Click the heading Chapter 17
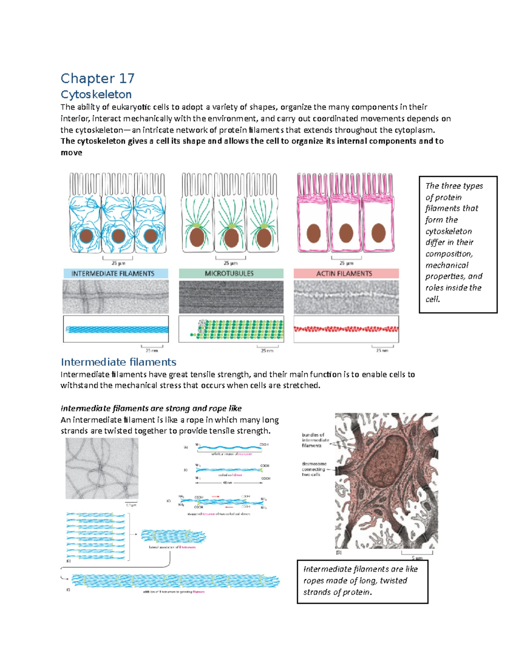pos(98,79)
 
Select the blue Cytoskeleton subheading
pos(96,94)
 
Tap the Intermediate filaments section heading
pos(118,362)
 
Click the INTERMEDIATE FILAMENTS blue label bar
pos(116,274)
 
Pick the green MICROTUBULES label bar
pos(231,274)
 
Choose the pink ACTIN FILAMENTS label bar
pos(346,274)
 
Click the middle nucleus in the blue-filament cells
pos(118,236)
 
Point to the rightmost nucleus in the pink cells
pos(378,233)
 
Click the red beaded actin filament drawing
pos(346,329)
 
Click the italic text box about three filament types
pos(458,244)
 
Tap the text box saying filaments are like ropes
pos(362,581)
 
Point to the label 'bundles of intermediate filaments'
pos(315,440)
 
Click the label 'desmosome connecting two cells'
pos(314,469)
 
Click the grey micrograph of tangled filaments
pos(102,469)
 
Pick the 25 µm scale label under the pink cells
pos(346,263)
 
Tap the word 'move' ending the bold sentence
pos(71,153)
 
